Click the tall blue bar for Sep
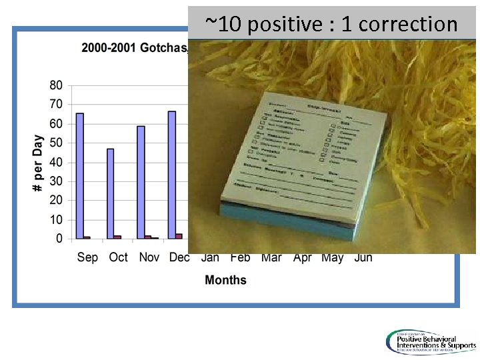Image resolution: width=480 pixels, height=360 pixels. click(x=80, y=175)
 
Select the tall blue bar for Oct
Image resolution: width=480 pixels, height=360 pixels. click(x=110, y=193)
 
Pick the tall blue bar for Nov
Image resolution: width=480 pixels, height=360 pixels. click(x=141, y=182)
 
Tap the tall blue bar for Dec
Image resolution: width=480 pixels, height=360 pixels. click(x=172, y=175)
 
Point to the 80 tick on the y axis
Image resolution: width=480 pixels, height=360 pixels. click(x=56, y=85)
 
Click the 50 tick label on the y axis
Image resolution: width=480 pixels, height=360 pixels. click(x=56, y=143)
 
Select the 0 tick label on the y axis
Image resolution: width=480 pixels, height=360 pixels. click(x=59, y=239)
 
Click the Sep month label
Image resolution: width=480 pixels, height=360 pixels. click(x=87, y=257)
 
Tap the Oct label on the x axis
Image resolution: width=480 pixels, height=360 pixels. click(x=118, y=257)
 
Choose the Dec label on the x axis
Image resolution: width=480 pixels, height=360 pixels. click(x=179, y=257)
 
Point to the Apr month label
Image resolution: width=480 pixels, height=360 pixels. click(x=302, y=258)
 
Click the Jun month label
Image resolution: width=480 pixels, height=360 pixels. click(x=363, y=258)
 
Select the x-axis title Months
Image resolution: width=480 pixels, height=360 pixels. click(x=225, y=280)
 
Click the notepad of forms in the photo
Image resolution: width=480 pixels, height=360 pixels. click(x=310, y=163)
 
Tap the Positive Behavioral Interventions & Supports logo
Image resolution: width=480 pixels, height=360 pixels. click(x=430, y=342)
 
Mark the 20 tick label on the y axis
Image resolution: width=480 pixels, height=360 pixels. click(x=56, y=200)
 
